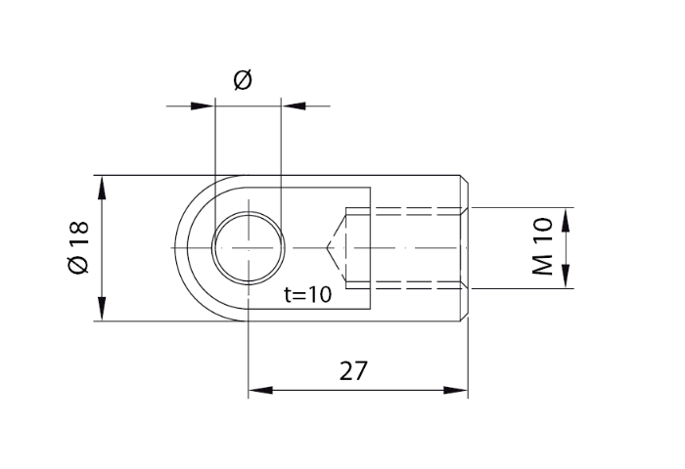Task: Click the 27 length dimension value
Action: click(x=353, y=371)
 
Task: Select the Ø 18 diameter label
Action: click(x=78, y=248)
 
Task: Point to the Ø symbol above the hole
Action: click(x=244, y=80)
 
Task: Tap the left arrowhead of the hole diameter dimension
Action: click(x=203, y=103)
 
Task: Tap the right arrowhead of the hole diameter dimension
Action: click(x=292, y=103)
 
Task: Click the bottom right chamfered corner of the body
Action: click(x=466, y=318)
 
